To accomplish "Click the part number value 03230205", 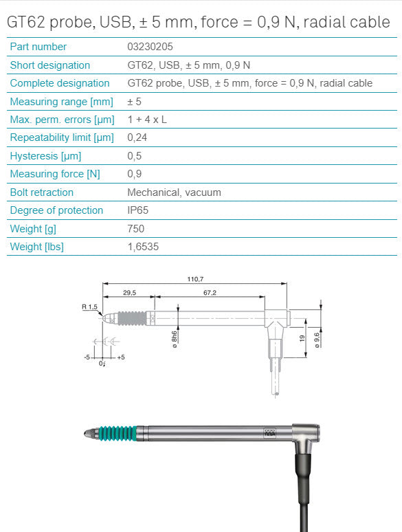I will tap(150, 47).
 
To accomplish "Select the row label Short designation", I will tap(50, 65).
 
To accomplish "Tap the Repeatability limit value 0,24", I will tap(137, 137).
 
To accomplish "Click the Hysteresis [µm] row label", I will tap(46, 156).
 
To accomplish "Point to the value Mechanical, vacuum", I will tap(174, 192).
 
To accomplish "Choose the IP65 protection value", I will tap(139, 210).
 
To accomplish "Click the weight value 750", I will tap(136, 229).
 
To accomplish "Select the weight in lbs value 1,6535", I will tap(143, 247).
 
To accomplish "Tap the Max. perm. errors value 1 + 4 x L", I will tap(147, 120).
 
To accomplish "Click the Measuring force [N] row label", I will tap(55, 174).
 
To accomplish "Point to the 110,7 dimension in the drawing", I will tap(195, 279).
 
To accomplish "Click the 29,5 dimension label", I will tap(129, 293).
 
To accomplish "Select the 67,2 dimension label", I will tap(210, 293).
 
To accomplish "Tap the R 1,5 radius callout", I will tap(89, 308).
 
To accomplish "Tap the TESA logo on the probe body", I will tap(269, 433).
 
